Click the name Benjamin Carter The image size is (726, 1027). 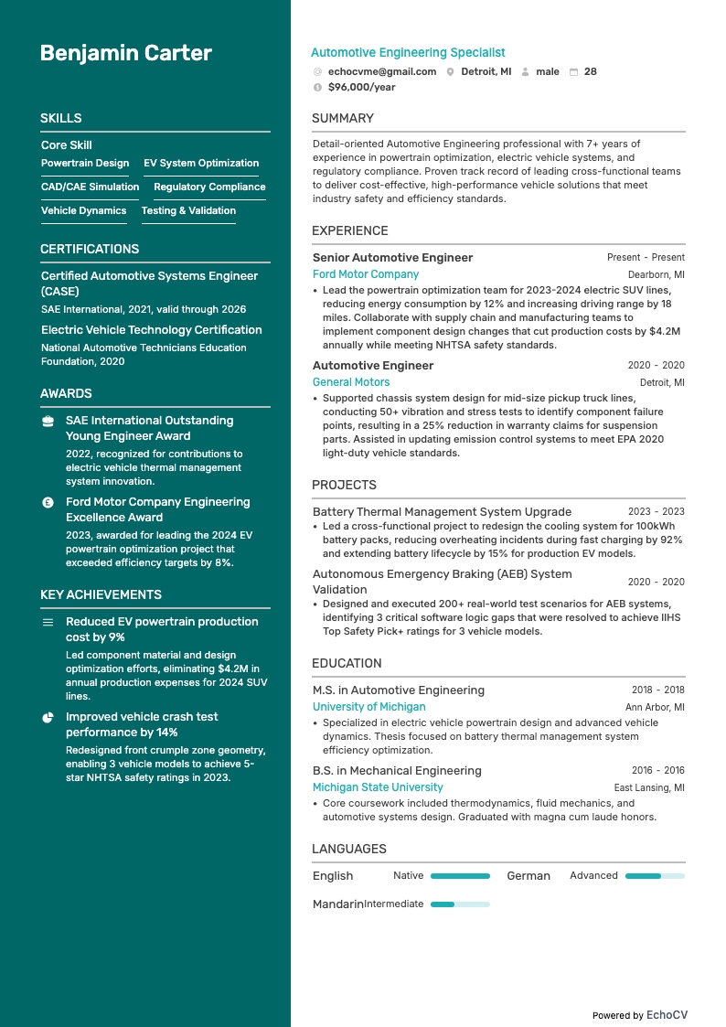[126, 53]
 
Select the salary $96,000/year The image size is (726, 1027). [361, 87]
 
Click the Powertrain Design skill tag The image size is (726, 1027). [85, 163]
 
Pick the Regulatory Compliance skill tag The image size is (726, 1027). [209, 187]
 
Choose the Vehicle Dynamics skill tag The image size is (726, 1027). [83, 210]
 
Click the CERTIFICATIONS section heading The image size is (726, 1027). [90, 249]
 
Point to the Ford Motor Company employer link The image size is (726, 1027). [366, 274]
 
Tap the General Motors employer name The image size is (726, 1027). [351, 382]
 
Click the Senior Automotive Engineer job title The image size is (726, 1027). [392, 258]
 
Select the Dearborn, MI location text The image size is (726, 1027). [656, 274]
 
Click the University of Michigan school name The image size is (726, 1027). [368, 707]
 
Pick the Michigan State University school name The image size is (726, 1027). [378, 787]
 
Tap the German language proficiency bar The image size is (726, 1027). [655, 876]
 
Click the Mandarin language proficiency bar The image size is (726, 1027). [460, 904]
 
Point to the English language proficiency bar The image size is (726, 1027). [460, 876]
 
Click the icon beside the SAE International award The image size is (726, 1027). [48, 421]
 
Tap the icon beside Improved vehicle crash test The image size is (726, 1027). [48, 717]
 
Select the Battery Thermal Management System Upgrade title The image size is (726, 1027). [442, 512]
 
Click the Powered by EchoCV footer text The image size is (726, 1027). [639, 1015]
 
